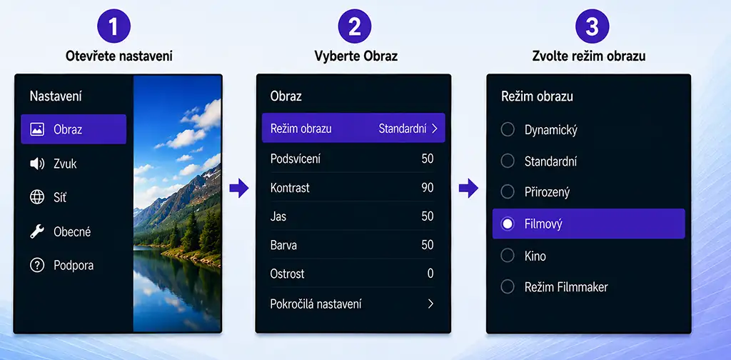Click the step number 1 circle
click(x=114, y=26)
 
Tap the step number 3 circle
click(x=592, y=26)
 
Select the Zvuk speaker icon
click(x=37, y=164)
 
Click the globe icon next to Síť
click(x=37, y=197)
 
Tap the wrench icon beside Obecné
click(x=37, y=231)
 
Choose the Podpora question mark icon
click(x=37, y=265)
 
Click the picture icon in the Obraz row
click(x=37, y=129)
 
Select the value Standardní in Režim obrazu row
click(x=402, y=129)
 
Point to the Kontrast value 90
click(x=428, y=188)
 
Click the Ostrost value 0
click(x=430, y=274)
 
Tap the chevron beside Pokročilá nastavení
click(x=430, y=304)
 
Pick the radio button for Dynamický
click(x=508, y=129)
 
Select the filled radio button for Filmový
click(x=508, y=224)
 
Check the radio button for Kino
click(x=508, y=256)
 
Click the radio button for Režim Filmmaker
click(x=508, y=287)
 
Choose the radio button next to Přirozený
click(x=508, y=191)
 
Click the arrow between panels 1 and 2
click(x=239, y=189)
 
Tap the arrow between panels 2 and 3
click(x=468, y=189)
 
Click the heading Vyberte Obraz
click(x=356, y=56)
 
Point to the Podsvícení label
click(x=296, y=159)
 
